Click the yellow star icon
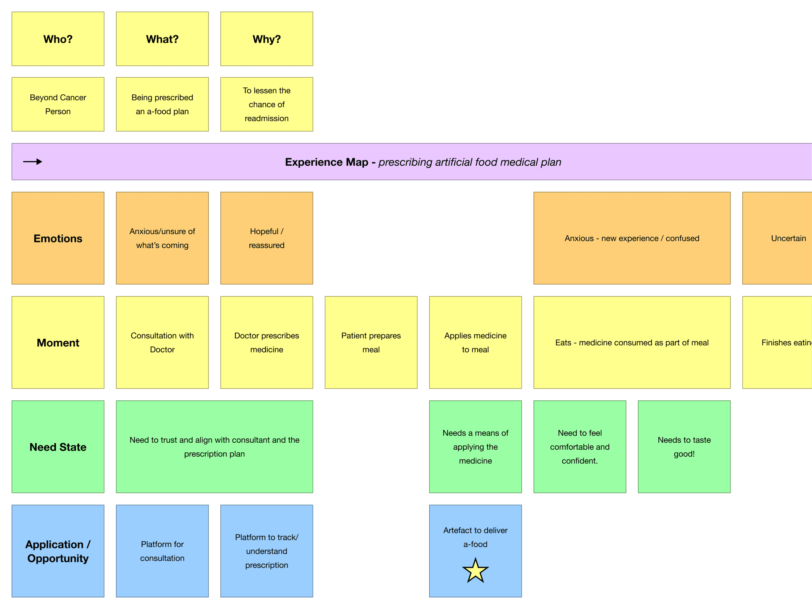[x=475, y=571]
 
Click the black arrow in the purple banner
[x=33, y=162]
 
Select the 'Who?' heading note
[x=58, y=39]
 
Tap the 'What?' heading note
[x=162, y=39]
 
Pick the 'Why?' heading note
[x=267, y=39]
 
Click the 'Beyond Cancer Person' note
[x=58, y=104]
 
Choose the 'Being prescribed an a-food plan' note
[x=162, y=104]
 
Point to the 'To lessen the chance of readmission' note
[x=267, y=104]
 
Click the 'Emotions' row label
[x=58, y=238]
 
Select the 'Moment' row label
[x=58, y=342]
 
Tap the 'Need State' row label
[x=58, y=447]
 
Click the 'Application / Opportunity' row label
[x=58, y=551]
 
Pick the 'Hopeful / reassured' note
[x=267, y=238]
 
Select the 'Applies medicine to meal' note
[x=475, y=342]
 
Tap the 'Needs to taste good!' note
[x=684, y=447]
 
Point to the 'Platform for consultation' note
[x=162, y=551]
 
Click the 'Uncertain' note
[x=785, y=238]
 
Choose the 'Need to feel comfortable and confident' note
[x=580, y=447]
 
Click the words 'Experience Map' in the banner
[x=326, y=162]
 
